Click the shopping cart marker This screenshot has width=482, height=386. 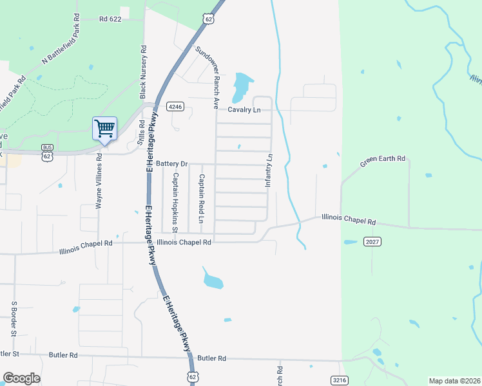click(x=104, y=128)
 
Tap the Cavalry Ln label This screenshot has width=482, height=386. click(x=243, y=110)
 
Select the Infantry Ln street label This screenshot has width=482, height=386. click(x=269, y=170)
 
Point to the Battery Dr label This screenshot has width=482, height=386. click(x=171, y=164)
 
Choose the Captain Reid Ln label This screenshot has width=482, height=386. click(x=201, y=199)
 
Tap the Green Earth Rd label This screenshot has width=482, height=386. click(x=383, y=161)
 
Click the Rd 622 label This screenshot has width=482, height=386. click(x=111, y=20)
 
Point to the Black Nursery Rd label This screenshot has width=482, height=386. click(x=143, y=71)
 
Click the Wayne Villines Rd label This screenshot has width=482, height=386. click(x=99, y=181)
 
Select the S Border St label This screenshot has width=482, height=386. click(x=13, y=318)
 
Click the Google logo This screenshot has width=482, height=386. click(x=21, y=378)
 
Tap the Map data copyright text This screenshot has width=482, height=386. click(x=455, y=381)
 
